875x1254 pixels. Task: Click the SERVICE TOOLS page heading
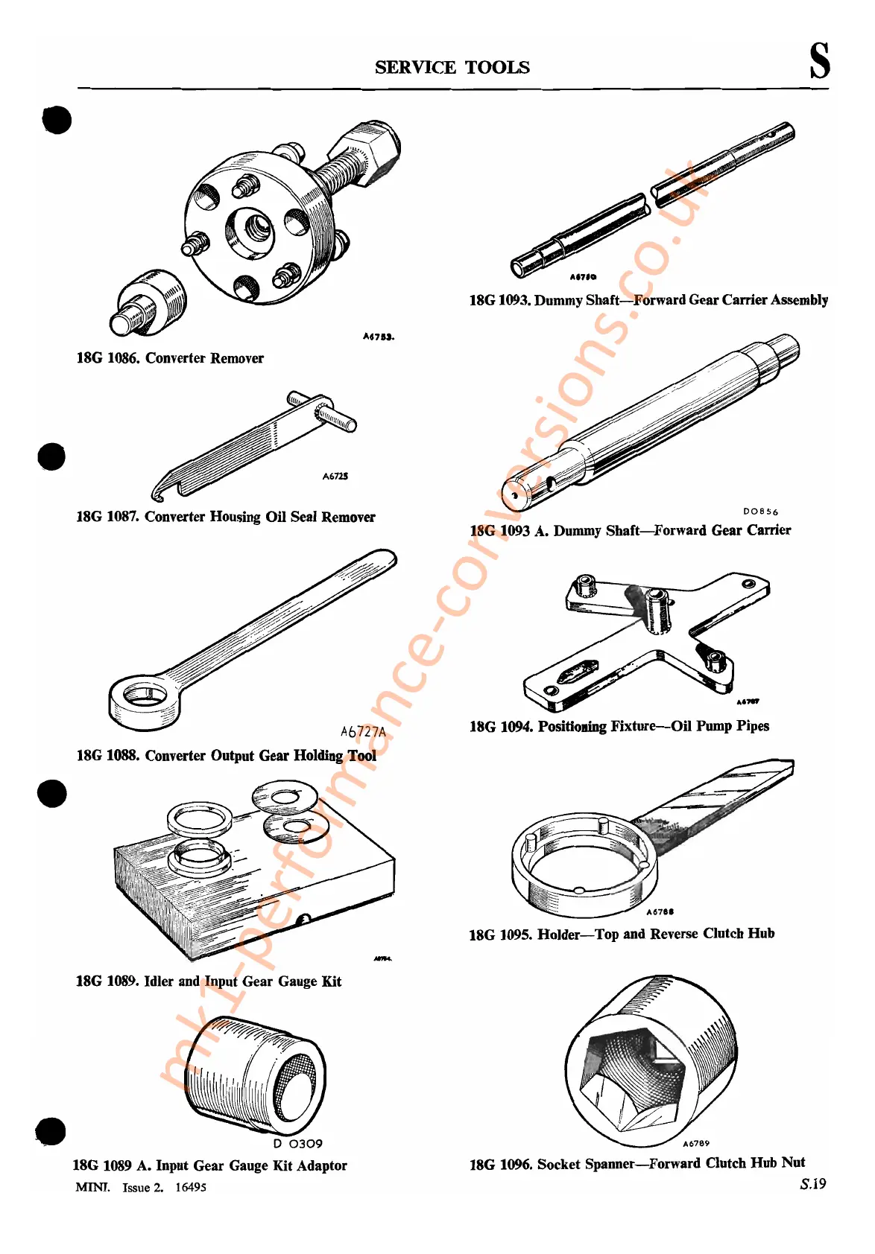(x=452, y=67)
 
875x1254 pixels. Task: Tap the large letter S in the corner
(x=819, y=60)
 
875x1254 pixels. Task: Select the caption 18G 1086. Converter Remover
(x=170, y=358)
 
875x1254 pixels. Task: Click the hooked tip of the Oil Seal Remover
(x=159, y=491)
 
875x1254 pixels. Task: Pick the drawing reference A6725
(x=335, y=476)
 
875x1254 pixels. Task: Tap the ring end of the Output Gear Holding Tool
(x=145, y=700)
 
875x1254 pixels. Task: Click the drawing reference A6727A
(x=363, y=732)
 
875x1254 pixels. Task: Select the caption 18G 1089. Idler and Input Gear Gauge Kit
(x=209, y=981)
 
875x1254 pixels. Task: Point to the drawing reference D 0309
(x=297, y=1144)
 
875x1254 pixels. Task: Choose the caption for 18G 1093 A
(x=630, y=531)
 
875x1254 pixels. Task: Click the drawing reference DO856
(x=760, y=512)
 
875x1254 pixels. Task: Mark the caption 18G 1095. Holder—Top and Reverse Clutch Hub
(x=622, y=934)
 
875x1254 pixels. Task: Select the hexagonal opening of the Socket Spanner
(x=626, y=1065)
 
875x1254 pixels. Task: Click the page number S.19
(x=813, y=1184)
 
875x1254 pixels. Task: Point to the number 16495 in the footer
(x=191, y=1187)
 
